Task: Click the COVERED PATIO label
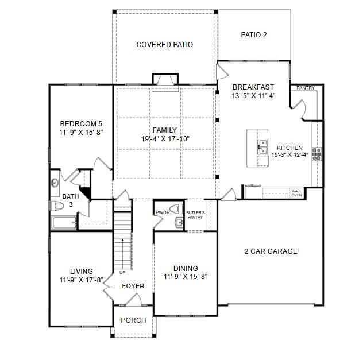coord(164,44)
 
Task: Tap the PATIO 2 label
coord(253,35)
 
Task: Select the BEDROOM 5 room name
coord(81,123)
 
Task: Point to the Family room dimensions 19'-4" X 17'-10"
coord(165,138)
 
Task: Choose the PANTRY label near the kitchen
coord(306,88)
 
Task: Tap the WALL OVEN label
coord(296,193)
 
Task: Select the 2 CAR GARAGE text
coord(271,251)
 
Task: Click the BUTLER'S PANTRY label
coord(195,215)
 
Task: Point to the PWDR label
coord(163,213)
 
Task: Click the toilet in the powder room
coord(177,208)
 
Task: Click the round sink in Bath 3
coord(55,184)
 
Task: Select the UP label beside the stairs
coord(122,272)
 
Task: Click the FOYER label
coord(133,286)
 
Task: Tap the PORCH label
coord(133,320)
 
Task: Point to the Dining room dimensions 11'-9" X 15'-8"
coord(185,276)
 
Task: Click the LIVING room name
coord(81,272)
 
